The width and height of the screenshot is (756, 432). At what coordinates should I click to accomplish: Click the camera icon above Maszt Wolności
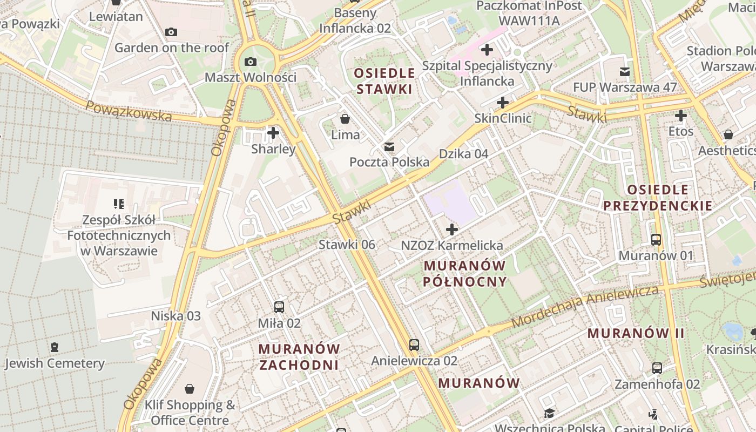click(250, 62)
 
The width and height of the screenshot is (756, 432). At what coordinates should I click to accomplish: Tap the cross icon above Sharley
click(273, 132)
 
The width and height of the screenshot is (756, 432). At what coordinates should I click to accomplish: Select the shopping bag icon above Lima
click(345, 119)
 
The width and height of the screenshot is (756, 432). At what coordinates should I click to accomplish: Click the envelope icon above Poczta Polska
click(389, 147)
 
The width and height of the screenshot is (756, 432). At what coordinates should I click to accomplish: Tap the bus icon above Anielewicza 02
click(414, 345)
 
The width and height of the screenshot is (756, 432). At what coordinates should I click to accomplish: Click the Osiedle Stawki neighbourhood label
click(385, 81)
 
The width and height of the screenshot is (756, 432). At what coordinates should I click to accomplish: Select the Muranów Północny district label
click(465, 273)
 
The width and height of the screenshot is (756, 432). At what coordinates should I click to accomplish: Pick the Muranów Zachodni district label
click(299, 356)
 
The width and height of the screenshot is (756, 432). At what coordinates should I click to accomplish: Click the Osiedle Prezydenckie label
click(658, 197)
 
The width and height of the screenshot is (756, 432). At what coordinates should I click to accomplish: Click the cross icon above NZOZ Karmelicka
click(452, 230)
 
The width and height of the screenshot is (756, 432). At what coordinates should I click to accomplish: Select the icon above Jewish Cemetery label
click(54, 347)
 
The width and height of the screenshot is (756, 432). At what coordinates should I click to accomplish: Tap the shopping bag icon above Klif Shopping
click(190, 389)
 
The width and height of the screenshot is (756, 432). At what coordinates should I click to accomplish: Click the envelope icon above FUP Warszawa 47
click(625, 72)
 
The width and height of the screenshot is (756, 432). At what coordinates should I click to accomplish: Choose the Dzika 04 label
click(463, 154)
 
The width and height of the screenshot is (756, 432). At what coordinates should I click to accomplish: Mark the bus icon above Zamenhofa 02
click(657, 368)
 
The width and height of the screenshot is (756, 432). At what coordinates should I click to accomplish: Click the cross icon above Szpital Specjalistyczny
click(487, 50)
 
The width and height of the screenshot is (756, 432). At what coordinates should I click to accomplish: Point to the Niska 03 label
click(175, 316)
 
